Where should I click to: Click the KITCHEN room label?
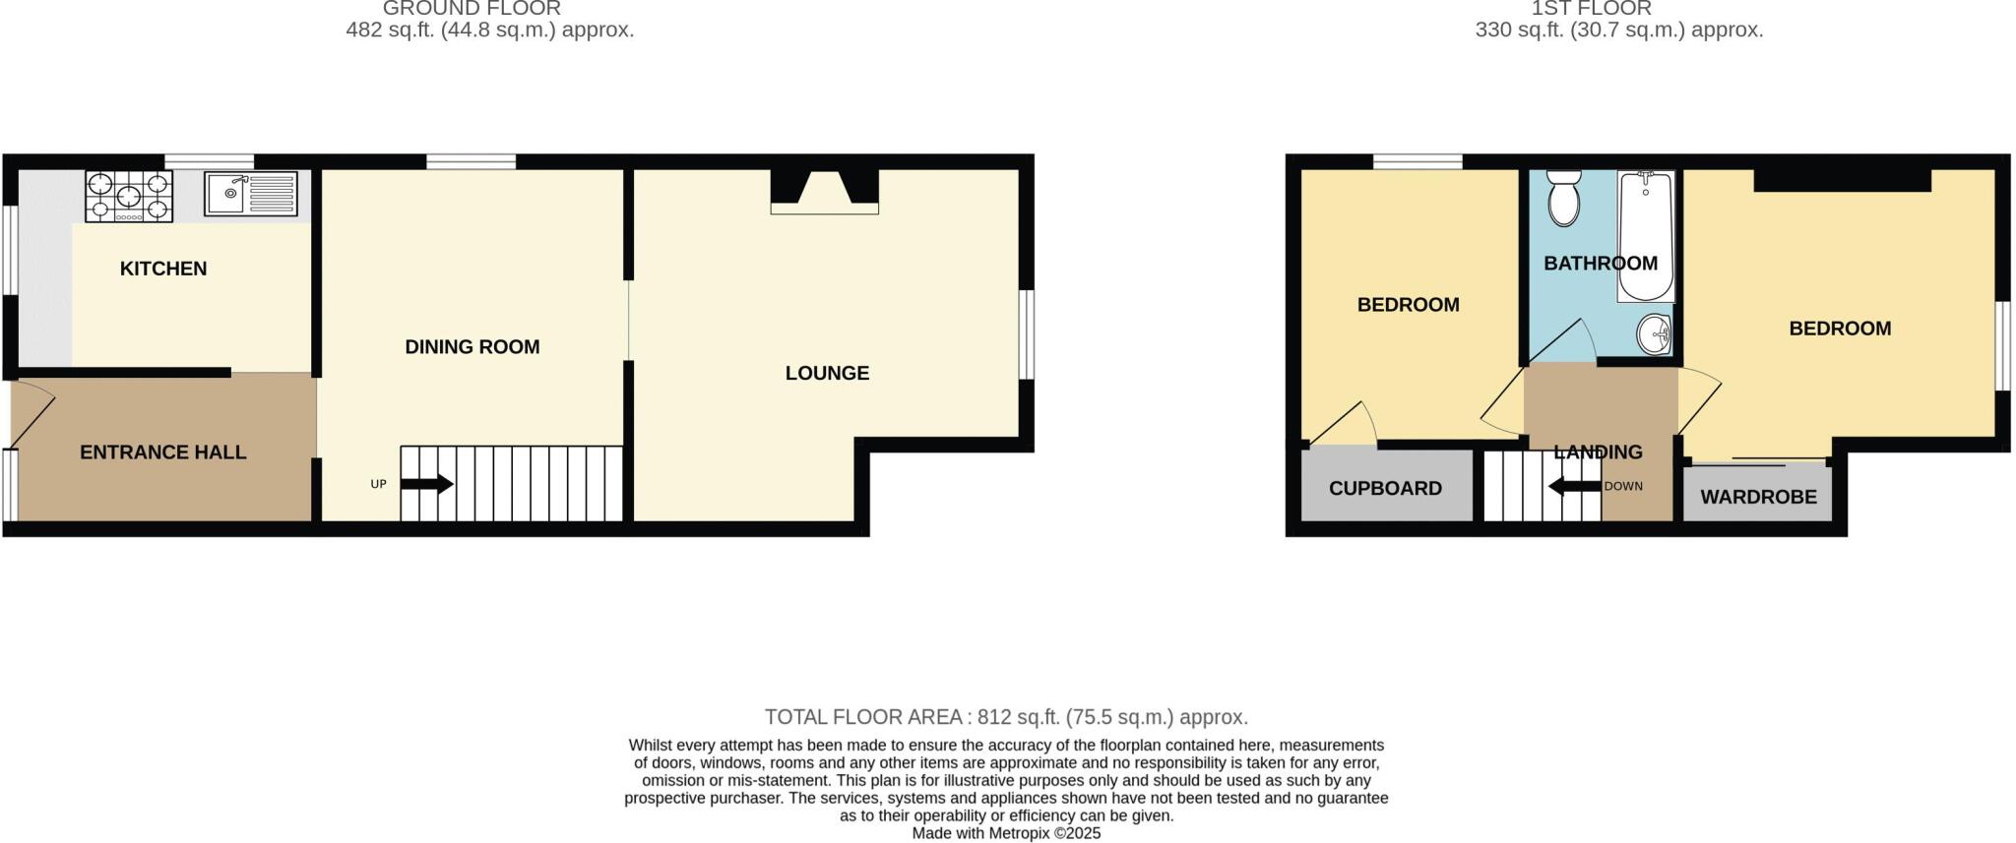click(163, 269)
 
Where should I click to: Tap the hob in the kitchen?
click(129, 195)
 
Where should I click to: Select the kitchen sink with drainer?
click(250, 194)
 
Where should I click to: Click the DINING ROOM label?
click(472, 347)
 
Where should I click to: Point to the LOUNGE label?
click(827, 374)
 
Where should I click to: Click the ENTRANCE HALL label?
click(162, 452)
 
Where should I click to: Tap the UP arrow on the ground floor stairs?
click(427, 484)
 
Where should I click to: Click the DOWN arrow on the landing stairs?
click(1574, 486)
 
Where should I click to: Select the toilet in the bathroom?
click(1563, 197)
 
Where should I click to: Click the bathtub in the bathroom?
click(1646, 236)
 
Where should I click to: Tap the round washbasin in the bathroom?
click(1654, 334)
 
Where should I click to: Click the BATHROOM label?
click(1601, 264)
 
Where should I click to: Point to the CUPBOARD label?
click(1385, 489)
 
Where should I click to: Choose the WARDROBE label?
click(1758, 498)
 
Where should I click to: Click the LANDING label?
click(1598, 452)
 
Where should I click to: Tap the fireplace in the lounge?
click(825, 191)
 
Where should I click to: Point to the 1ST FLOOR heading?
click(1618, 9)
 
